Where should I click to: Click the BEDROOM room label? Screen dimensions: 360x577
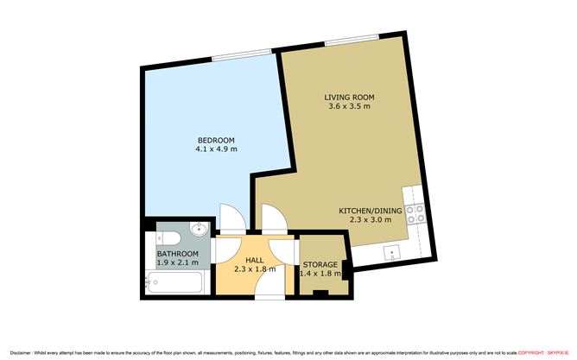point(216,140)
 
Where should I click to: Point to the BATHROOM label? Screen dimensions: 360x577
point(178,254)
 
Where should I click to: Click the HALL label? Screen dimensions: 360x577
point(255,259)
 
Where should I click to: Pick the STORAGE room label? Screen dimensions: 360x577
point(320,264)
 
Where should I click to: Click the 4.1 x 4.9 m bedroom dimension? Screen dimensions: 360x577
point(216,149)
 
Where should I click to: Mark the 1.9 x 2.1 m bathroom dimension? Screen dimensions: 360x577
point(178,262)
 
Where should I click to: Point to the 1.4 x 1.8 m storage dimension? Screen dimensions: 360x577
point(320,274)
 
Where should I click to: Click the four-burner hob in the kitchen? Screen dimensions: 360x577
point(414,213)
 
